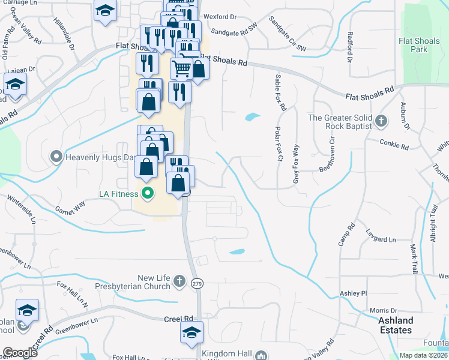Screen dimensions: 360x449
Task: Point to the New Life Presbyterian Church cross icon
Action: (x=178, y=281)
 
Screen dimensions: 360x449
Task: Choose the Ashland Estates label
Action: (x=396, y=326)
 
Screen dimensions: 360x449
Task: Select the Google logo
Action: (x=20, y=353)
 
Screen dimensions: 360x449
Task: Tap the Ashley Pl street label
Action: (x=353, y=293)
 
